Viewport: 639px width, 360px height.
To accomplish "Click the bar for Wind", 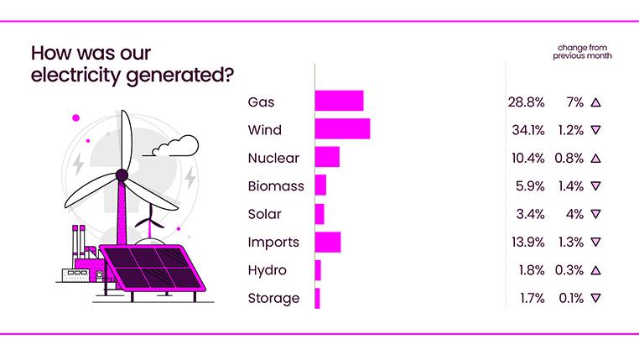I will tap(342, 129).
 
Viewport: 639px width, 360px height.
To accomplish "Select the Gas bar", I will tap(339, 102).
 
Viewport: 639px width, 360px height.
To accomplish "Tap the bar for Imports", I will tap(327, 242).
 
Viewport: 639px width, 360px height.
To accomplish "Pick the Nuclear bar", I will tap(327, 158).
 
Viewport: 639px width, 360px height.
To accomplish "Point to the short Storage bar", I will tap(318, 298).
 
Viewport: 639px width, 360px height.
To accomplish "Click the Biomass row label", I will tap(276, 185).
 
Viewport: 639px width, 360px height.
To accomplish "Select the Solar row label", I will tap(264, 214).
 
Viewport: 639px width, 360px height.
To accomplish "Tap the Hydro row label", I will tap(267, 270).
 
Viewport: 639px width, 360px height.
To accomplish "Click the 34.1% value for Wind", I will tap(526, 130).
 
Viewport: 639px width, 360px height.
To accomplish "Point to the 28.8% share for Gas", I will tap(526, 102).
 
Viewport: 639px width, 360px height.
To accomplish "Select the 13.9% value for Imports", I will tap(526, 242).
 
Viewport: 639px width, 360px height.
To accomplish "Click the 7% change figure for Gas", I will tap(574, 102).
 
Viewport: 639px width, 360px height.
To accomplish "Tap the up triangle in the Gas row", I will tap(595, 102).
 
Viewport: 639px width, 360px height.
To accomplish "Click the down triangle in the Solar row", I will tap(595, 214).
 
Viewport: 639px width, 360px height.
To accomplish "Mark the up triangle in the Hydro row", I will tap(595, 270).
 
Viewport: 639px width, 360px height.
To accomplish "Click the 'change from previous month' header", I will tap(581, 51).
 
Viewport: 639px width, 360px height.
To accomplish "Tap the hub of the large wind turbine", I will tap(122, 175).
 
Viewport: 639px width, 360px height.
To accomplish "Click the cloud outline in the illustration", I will tap(175, 146).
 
